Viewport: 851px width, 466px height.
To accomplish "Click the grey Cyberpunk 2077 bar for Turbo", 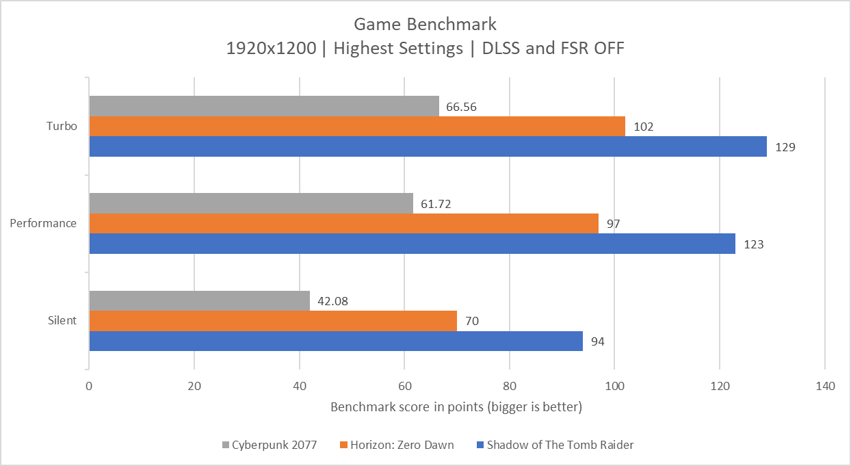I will coord(264,106).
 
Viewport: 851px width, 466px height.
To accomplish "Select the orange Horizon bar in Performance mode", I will coord(343,224).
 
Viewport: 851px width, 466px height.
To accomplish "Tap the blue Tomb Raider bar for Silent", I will coord(335,341).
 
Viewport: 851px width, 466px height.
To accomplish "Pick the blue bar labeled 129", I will coord(428,146).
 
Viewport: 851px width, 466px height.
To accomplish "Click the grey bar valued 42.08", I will coord(199,301).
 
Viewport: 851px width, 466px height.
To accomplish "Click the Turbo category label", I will coord(62,127).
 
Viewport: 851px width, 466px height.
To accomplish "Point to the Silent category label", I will coord(62,321).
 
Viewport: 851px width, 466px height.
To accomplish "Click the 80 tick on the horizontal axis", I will coord(510,387).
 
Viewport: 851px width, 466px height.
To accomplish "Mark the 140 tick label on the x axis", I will coord(825,387).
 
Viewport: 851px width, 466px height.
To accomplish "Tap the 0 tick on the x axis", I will coord(89,387).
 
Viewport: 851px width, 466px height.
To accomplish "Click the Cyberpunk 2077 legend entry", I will coord(270,445).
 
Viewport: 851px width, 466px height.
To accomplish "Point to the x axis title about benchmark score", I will coord(456,408).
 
